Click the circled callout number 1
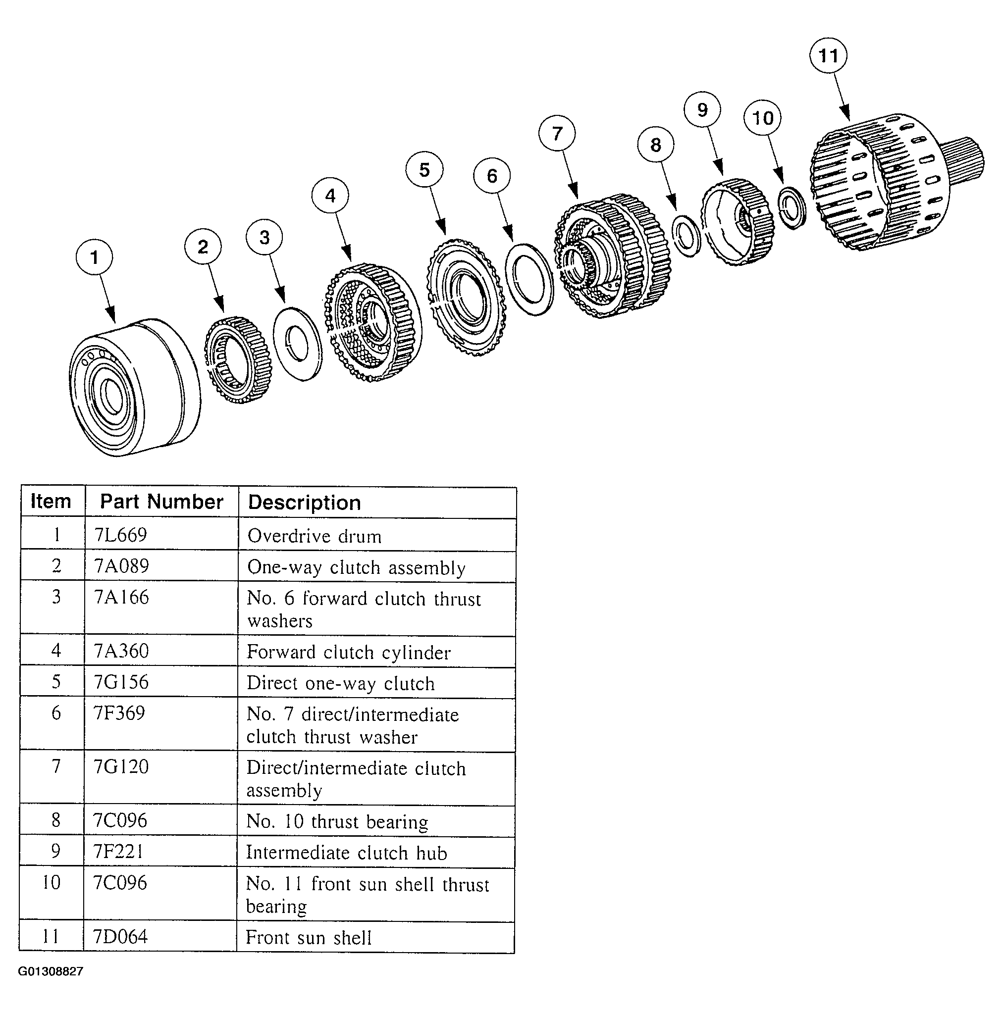(x=94, y=257)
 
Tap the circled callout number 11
(x=828, y=55)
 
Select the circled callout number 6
(x=491, y=176)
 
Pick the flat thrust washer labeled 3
(x=298, y=344)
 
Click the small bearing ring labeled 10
(x=791, y=207)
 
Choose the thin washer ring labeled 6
(x=529, y=279)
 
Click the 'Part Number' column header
(x=161, y=502)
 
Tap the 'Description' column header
(x=304, y=503)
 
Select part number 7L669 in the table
(x=121, y=535)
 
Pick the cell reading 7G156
(x=121, y=682)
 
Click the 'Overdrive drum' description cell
(x=314, y=536)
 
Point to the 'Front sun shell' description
(x=309, y=937)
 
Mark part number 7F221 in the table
(x=118, y=851)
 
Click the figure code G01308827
(x=51, y=971)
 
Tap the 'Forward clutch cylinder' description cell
(x=348, y=652)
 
